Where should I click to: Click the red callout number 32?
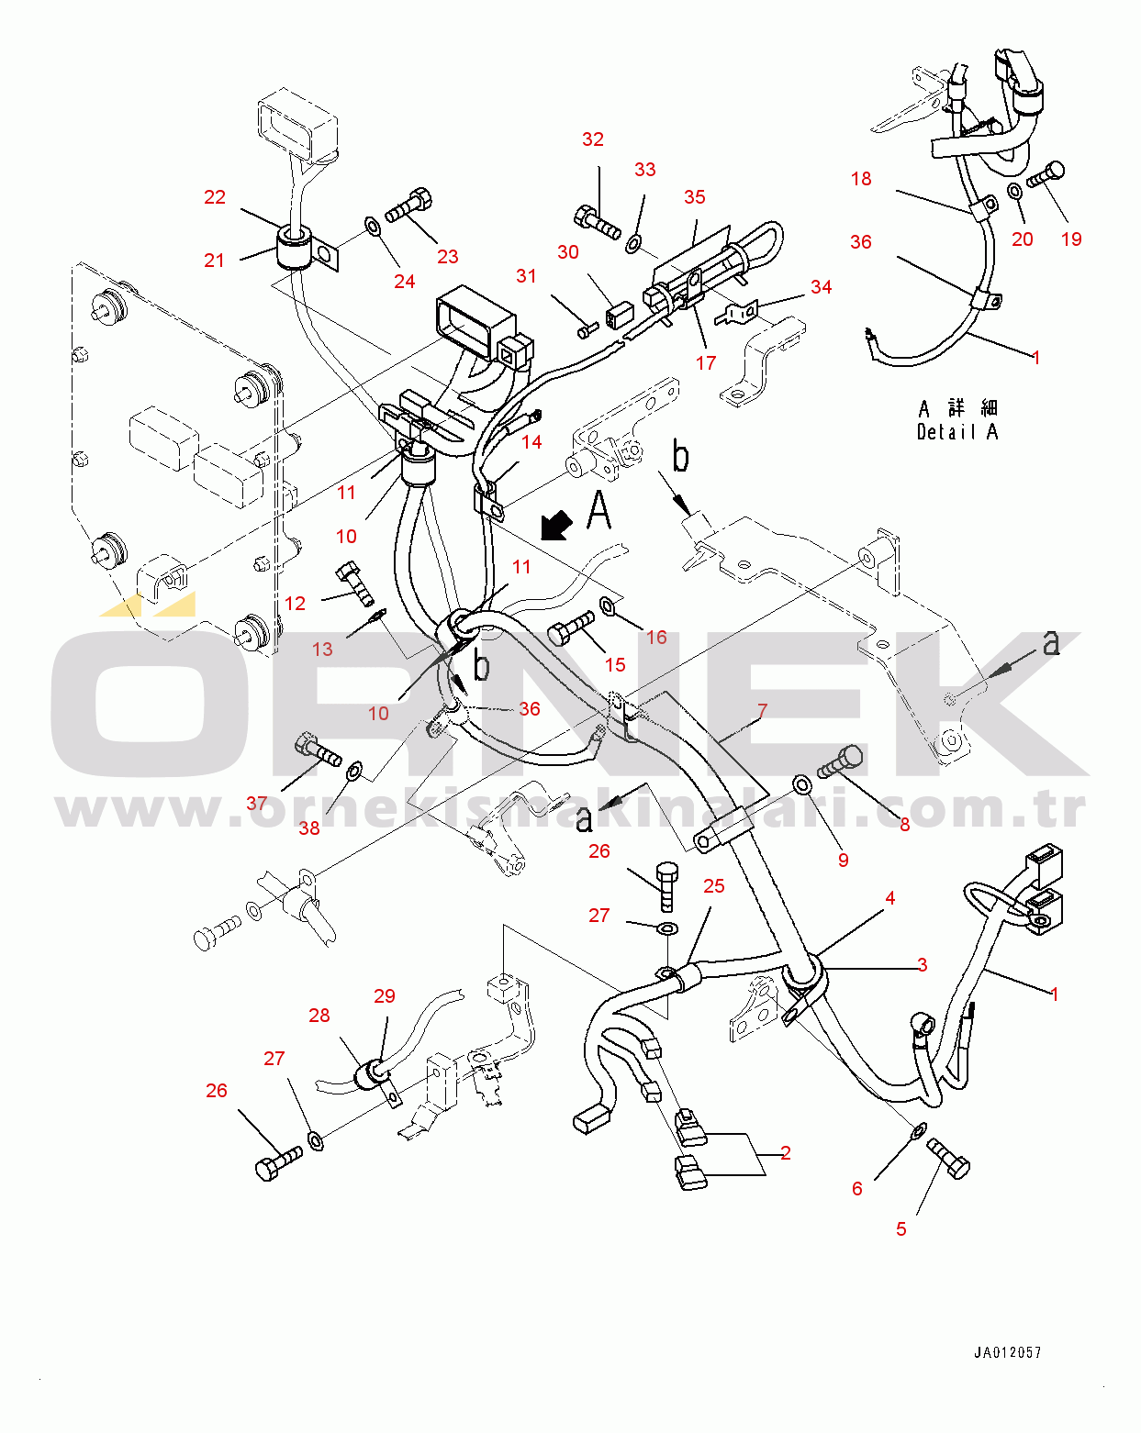point(593,139)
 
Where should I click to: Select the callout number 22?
point(215,197)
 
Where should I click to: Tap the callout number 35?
point(695,197)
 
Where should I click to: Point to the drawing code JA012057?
point(1008,1352)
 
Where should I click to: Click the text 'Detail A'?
point(957,432)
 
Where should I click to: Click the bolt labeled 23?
point(409,206)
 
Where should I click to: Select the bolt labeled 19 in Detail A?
point(1046,174)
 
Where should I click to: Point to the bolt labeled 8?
point(841,761)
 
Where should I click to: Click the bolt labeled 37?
point(317,750)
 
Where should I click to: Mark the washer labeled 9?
point(801,784)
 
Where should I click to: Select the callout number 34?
point(822,287)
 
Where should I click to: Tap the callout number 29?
point(385,996)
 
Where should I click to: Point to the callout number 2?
point(786,1153)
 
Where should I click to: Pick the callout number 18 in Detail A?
point(861,179)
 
